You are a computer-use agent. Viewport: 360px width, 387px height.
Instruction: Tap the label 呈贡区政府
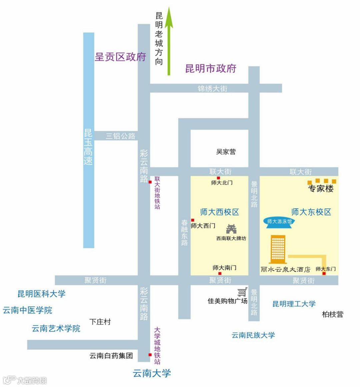120,57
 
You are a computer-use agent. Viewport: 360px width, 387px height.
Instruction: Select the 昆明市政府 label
211,68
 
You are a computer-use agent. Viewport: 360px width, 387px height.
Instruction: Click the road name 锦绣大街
212,88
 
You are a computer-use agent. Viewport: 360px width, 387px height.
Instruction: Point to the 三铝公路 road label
120,136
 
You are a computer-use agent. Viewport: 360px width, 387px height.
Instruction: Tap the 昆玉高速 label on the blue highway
88,147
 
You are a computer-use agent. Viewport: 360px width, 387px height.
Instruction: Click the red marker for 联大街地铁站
150,182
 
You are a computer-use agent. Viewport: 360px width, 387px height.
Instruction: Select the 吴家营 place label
226,152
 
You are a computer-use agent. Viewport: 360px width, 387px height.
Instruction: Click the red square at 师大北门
218,178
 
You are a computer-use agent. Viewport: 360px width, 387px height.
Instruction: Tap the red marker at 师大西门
193,220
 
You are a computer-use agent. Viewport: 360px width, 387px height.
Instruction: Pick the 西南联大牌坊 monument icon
231,229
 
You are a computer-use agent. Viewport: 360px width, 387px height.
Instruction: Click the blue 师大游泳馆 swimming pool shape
279,222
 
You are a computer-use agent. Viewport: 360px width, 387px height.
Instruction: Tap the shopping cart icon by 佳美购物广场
242,292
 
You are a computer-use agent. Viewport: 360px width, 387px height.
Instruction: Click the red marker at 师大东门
324,274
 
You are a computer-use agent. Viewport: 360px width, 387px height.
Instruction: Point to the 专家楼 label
321,189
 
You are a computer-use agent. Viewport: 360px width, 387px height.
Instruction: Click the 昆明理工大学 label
294,304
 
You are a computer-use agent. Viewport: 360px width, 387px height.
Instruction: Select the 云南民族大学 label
253,335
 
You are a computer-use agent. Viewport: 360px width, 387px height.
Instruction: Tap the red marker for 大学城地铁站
150,355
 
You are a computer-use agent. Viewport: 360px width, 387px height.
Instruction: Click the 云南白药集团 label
111,356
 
